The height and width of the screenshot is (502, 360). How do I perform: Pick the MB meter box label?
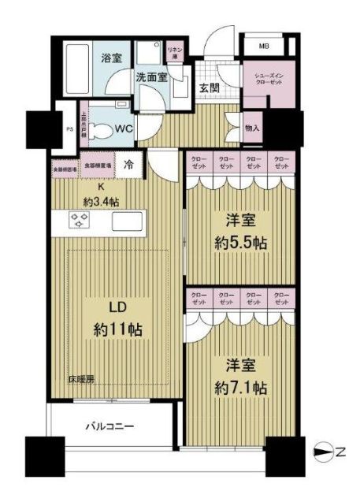pyautogui.click(x=263, y=46)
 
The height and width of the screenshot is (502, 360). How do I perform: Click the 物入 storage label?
pyautogui.click(x=252, y=127)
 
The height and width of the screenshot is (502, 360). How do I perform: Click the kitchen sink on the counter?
pyautogui.click(x=127, y=222)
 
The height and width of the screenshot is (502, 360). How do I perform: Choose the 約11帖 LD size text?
pyautogui.click(x=114, y=329)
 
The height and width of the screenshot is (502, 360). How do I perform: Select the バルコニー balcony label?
pyautogui.click(x=109, y=426)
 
